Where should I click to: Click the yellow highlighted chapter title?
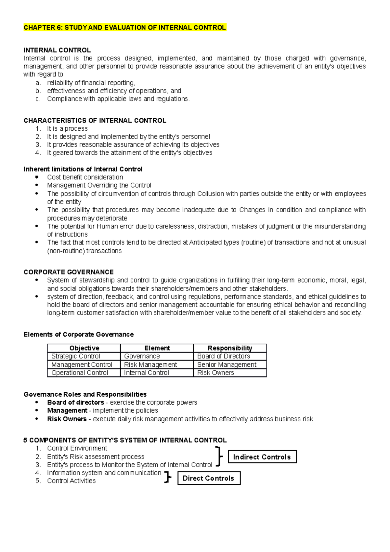[x=125, y=28]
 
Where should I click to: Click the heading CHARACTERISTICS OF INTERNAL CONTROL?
[x=95, y=121]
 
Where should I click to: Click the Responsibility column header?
[x=230, y=348]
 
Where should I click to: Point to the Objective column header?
[x=84, y=348]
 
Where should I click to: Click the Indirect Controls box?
[x=262, y=457]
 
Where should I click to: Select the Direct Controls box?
[x=209, y=478]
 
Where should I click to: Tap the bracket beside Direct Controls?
[x=168, y=477]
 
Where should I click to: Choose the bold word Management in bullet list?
[x=67, y=411]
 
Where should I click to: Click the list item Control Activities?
[x=71, y=481]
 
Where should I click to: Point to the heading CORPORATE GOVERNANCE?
[x=69, y=272]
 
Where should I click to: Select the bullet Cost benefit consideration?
[x=85, y=177]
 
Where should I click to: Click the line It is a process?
[x=67, y=129]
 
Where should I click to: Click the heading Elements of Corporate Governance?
[x=79, y=335]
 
